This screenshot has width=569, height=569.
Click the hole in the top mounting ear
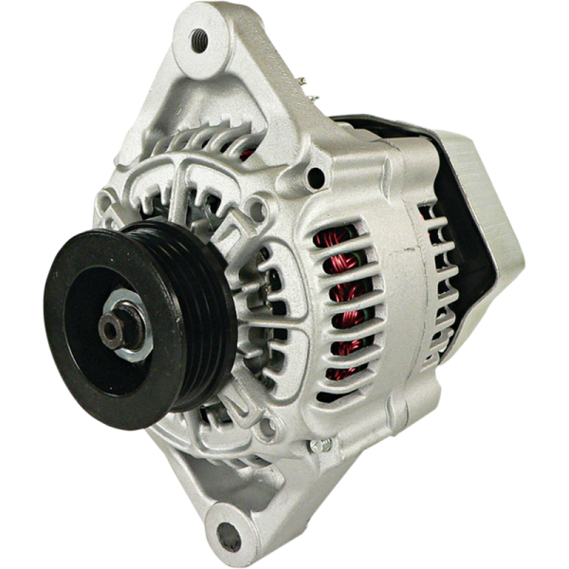(x=199, y=40)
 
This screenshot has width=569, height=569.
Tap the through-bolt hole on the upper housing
(x=316, y=177)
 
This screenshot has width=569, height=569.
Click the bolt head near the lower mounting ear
(x=320, y=444)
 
